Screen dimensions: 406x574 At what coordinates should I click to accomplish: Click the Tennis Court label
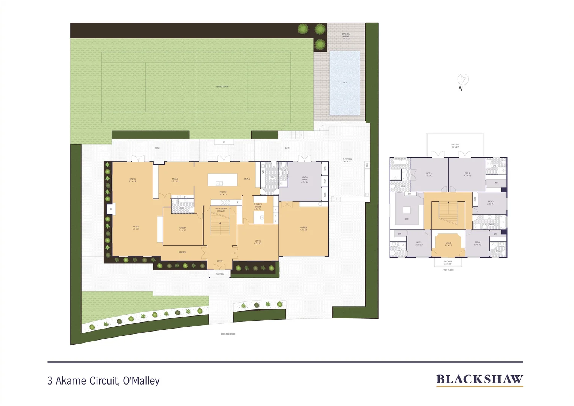(222, 87)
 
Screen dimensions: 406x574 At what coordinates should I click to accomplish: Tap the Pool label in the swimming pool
(344, 82)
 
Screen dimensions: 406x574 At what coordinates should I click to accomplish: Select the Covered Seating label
(346, 36)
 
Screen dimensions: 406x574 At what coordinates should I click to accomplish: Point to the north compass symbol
(463, 79)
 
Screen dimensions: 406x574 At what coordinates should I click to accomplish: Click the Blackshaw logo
(479, 380)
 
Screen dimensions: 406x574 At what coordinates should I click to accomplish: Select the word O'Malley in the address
(141, 381)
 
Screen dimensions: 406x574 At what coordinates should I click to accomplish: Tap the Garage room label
(304, 228)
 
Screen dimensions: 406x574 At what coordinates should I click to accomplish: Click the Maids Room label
(305, 180)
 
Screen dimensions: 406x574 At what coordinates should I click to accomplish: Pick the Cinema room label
(183, 229)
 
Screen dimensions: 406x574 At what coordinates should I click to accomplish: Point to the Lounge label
(136, 227)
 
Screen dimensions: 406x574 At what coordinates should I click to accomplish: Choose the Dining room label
(132, 180)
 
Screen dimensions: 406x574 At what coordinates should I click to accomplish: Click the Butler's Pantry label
(258, 207)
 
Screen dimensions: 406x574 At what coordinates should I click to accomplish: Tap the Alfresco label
(347, 160)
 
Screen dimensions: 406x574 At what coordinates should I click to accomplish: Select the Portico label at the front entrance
(220, 274)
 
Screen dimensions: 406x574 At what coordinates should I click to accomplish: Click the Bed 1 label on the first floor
(429, 174)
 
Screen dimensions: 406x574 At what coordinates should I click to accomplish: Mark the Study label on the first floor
(448, 244)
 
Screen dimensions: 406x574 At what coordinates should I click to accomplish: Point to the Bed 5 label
(418, 243)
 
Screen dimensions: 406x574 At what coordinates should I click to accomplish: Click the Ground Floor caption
(228, 334)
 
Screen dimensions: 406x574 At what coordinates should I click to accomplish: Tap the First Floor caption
(448, 270)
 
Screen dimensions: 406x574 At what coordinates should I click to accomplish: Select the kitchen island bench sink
(219, 183)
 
